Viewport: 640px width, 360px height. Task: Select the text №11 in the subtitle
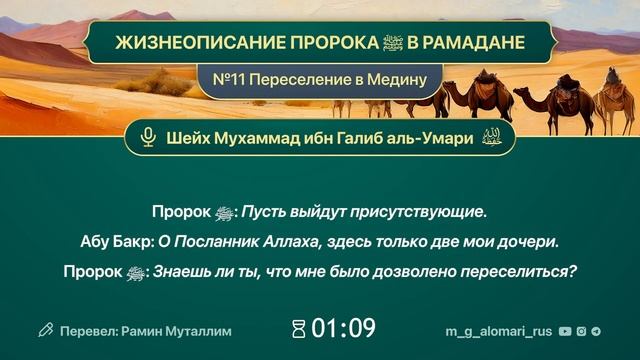240,78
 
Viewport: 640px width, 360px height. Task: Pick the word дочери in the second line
525,241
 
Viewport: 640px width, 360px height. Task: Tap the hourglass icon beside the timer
297,329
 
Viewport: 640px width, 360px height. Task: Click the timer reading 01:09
343,328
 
